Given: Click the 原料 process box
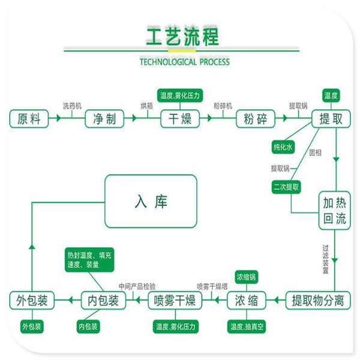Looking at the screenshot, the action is (29, 119).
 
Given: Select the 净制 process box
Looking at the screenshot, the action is (104, 119).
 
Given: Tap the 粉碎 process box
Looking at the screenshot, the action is (256, 119).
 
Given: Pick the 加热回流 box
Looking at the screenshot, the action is (335, 211).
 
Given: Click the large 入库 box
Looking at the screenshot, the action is (151, 201).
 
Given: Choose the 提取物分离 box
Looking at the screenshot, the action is (318, 301).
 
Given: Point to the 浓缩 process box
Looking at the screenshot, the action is (247, 301).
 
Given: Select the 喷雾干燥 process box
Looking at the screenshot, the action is (175, 301).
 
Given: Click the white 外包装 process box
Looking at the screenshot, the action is (32, 301).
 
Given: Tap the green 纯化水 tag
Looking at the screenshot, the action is (283, 147).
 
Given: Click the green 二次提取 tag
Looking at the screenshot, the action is (286, 187).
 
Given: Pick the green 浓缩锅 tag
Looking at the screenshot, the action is (247, 277).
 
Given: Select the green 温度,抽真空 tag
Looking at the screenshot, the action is (247, 326).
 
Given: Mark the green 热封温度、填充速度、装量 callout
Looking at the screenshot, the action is (89, 260).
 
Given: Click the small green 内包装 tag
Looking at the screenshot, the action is (88, 326).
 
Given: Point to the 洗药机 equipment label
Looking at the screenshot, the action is (73, 106).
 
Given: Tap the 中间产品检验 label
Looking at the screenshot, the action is (137, 286).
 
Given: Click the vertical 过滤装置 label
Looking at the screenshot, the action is (326, 259).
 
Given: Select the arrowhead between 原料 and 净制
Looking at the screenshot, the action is (59, 118).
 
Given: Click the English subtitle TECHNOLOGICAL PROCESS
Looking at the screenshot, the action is (185, 62).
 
